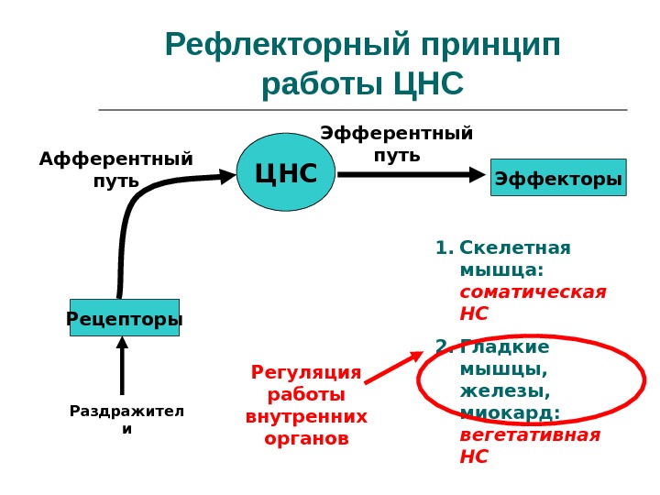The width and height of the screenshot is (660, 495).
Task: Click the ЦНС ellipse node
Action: (x=286, y=172)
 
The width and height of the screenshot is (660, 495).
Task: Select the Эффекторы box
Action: (x=557, y=178)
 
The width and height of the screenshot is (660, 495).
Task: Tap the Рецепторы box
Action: (x=125, y=318)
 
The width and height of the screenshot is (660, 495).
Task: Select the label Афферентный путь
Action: (x=115, y=170)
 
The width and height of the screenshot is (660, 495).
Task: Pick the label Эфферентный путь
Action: (x=396, y=144)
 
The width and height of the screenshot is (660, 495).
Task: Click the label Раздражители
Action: (x=126, y=419)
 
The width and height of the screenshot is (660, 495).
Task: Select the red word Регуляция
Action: (x=306, y=373)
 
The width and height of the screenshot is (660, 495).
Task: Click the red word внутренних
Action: (x=306, y=417)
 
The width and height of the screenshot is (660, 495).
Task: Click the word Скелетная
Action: (x=514, y=248)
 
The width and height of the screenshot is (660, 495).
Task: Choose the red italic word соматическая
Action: (x=533, y=292)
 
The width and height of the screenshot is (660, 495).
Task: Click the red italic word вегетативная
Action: (x=529, y=434)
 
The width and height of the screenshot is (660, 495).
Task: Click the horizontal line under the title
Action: (x=362, y=110)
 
